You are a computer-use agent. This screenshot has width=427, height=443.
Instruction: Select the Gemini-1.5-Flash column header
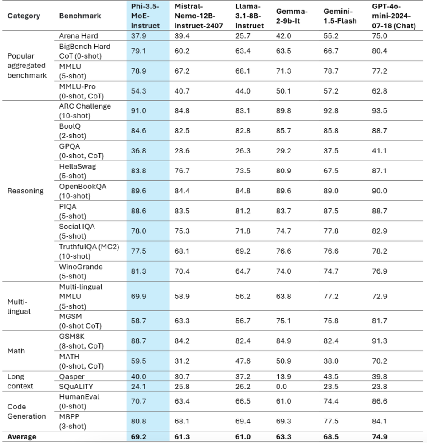(x=340, y=16)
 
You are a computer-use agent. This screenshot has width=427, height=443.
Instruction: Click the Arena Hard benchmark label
(x=78, y=36)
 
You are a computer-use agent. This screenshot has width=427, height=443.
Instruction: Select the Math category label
(x=16, y=351)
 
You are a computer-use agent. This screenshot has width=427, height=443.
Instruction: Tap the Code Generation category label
(x=27, y=411)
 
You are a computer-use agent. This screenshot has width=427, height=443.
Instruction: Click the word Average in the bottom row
(x=22, y=437)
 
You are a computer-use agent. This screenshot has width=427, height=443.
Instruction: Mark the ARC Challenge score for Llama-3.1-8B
(x=243, y=111)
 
